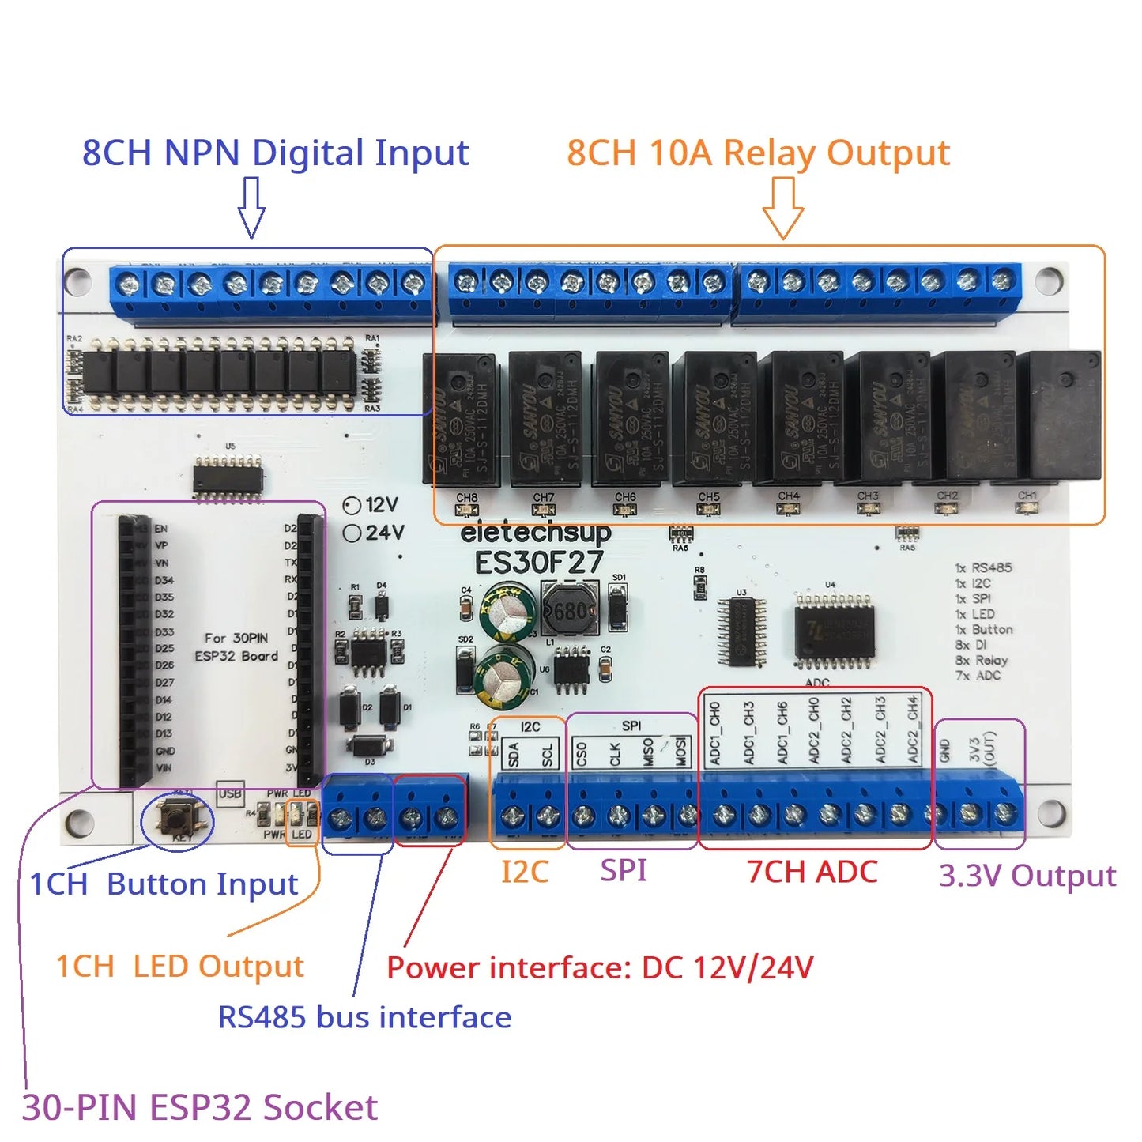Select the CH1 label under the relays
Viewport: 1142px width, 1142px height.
(1027, 496)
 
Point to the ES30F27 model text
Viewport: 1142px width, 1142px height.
(539, 563)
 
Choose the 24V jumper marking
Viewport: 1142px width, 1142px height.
(374, 533)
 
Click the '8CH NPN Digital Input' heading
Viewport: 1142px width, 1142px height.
(275, 153)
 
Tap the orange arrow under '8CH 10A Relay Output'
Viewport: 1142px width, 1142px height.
(782, 207)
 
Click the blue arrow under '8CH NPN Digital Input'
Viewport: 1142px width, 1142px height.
(251, 207)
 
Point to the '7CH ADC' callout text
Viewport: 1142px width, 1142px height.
(812, 872)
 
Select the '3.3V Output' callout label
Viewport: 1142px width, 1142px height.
(1027, 875)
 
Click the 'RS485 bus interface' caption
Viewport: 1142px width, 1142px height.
(364, 1017)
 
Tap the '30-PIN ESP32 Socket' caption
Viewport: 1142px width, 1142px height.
(199, 1107)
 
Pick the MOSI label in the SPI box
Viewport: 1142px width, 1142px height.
(680, 752)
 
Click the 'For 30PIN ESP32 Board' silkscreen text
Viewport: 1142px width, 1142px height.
(236, 646)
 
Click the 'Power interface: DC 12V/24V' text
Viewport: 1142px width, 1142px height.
(600, 967)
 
